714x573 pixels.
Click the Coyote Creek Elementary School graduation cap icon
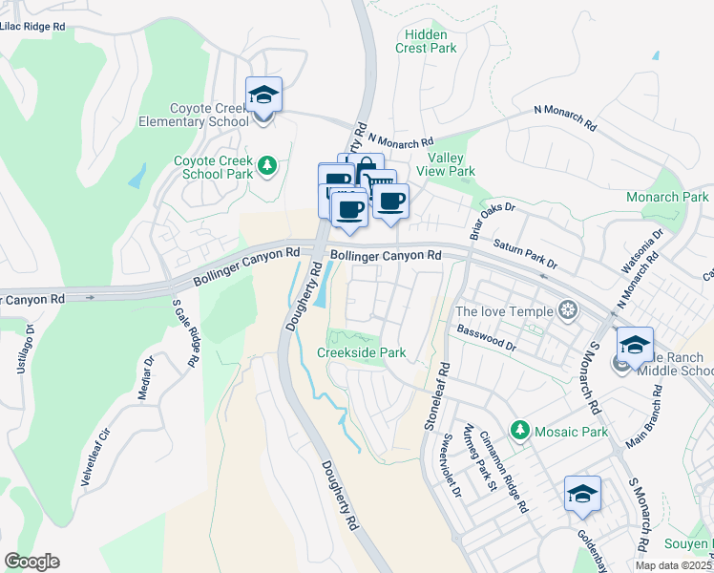click(x=264, y=95)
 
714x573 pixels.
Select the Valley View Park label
click(x=451, y=164)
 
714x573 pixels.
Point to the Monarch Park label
click(x=667, y=197)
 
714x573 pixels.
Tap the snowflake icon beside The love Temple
click(x=568, y=310)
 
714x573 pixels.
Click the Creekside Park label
click(x=361, y=352)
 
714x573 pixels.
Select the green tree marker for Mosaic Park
click(x=519, y=432)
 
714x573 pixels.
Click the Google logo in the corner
click(x=31, y=562)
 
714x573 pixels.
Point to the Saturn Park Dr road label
click(x=524, y=253)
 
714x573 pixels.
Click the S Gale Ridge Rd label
click(x=185, y=332)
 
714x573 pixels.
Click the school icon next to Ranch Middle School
click(x=636, y=345)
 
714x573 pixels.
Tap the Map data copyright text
click(x=674, y=565)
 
